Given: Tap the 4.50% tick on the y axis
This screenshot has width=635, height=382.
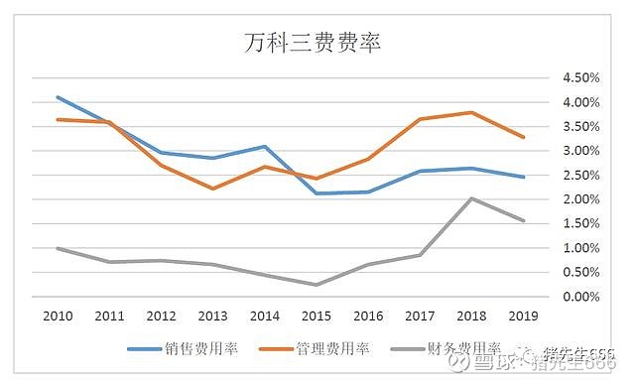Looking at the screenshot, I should point(580,78).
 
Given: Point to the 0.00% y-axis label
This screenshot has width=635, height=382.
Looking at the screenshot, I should point(580,297).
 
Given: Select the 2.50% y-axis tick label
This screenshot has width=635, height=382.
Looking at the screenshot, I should point(580,176).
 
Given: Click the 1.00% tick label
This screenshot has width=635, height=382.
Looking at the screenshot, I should point(580,248).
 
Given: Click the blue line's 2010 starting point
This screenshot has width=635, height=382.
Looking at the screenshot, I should point(58,97).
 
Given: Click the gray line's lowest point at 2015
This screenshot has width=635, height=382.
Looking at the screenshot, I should point(315,285).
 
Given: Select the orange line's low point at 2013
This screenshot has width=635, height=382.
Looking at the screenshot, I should point(212,189).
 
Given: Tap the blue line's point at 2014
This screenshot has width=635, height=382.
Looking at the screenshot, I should point(264,147).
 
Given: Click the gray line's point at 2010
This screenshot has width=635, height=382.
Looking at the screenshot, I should point(58,248).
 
